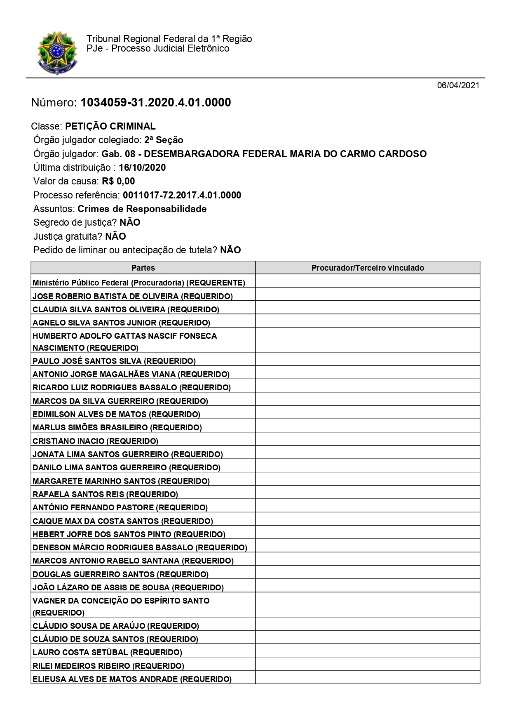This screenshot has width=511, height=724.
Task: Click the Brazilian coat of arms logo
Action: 57,53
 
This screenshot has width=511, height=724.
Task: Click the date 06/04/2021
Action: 458,86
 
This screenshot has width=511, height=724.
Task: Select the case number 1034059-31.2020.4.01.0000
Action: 156,102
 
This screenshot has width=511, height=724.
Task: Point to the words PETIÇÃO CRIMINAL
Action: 110,126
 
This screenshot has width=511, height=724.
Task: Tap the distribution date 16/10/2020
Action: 142,167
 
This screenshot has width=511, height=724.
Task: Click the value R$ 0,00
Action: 118,181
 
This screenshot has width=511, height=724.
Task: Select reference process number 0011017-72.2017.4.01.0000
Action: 182,195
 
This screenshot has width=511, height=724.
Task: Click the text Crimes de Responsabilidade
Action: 142,209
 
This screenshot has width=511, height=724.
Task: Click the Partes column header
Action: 143,268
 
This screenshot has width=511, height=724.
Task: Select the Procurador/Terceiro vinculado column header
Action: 368,268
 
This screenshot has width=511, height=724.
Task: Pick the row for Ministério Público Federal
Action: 139,283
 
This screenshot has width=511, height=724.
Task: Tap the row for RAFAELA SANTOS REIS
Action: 105,494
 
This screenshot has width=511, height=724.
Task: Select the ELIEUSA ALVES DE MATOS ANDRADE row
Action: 132,679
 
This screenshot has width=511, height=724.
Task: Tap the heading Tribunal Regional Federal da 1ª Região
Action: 169,39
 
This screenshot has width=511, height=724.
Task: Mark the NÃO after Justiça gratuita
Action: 115,236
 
